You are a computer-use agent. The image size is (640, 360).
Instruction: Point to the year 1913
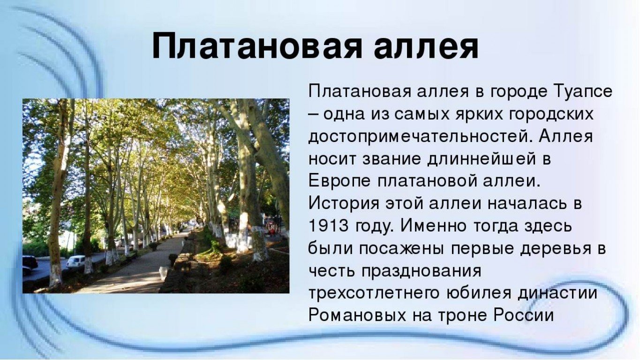click(328, 226)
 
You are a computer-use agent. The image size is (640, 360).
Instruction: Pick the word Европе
click(339, 181)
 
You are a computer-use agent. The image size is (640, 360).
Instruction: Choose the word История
click(344, 204)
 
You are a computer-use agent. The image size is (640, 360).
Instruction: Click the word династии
click(558, 292)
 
